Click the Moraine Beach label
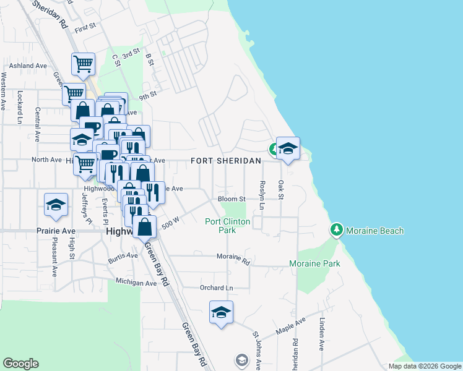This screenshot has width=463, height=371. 374,231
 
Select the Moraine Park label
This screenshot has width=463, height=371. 314,263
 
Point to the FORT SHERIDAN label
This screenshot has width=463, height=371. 225,161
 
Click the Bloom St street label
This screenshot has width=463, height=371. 232,199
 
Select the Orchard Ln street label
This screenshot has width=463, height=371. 216,288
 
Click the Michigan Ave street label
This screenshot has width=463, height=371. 136,283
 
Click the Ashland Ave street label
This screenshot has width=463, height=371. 28,65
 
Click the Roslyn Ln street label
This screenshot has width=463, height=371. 262,195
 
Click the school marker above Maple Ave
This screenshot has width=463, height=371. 221,312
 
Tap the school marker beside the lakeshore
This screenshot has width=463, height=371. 288,147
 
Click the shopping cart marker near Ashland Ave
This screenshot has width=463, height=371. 83,62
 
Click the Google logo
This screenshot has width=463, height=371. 21,364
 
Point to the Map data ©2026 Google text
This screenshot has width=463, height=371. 424,366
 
